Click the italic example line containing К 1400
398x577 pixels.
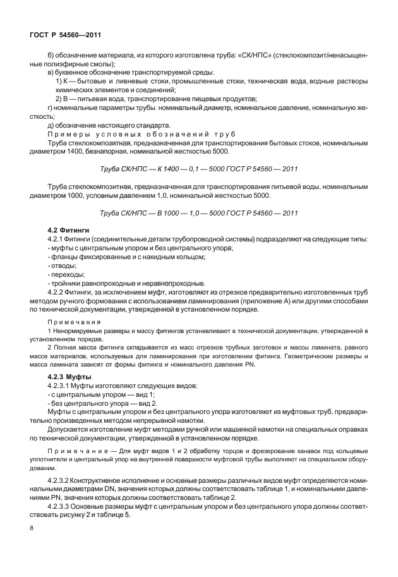point(199,169)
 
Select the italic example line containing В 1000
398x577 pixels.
point(199,212)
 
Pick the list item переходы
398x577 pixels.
point(68,274)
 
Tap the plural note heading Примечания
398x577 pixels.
point(75,322)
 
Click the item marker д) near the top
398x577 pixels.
point(53,125)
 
